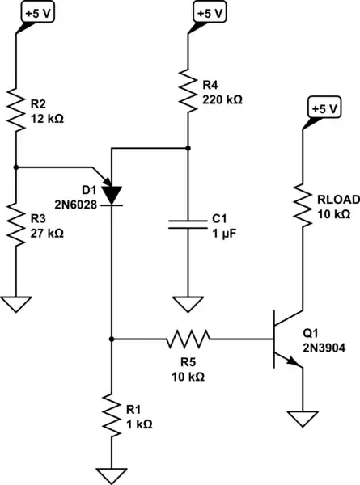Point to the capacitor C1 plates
pos(188,223)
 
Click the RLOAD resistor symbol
pos(303,205)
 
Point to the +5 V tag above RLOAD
pos(324,107)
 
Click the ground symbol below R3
pos(17,305)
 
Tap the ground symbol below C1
pos(188,305)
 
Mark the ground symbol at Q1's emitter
pos(303,420)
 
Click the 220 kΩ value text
pos(221,100)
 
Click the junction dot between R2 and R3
pos(17,167)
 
